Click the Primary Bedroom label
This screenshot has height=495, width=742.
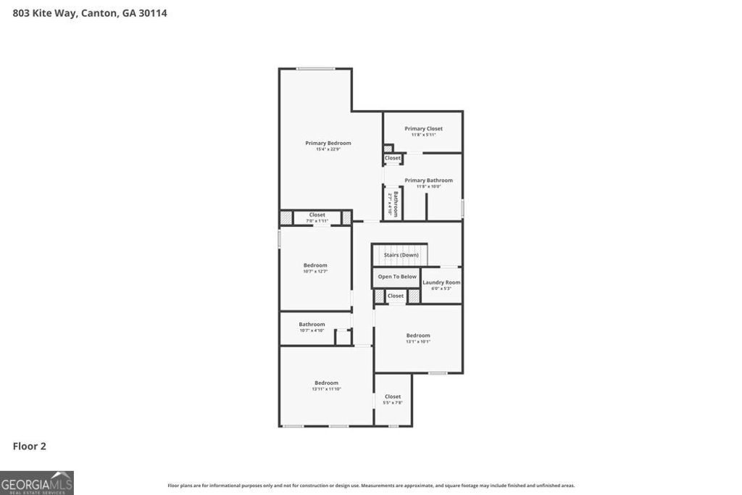(x=328, y=143)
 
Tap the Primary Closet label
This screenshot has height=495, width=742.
(x=423, y=129)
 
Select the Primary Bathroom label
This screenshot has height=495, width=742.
(x=428, y=180)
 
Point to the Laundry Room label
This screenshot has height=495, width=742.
(x=441, y=283)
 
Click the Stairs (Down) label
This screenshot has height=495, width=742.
(x=401, y=255)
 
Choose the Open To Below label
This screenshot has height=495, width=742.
(x=397, y=277)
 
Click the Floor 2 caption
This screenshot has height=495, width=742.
(x=29, y=446)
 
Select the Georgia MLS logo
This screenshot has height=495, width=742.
(x=37, y=483)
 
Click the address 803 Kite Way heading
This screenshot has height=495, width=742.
(x=90, y=13)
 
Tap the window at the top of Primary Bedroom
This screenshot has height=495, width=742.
(x=315, y=69)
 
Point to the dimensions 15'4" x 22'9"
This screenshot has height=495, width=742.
(x=328, y=149)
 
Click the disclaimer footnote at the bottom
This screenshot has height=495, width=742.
(x=371, y=486)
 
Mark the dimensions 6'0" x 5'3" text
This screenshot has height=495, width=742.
(x=441, y=288)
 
